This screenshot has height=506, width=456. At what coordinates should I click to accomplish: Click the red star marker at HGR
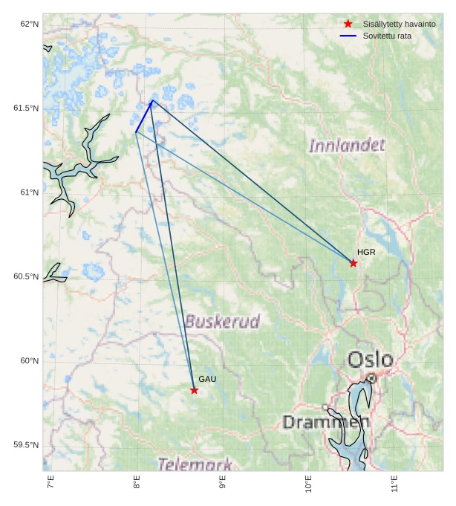(x=354, y=263)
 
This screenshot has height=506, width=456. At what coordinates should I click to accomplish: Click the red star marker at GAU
(x=194, y=390)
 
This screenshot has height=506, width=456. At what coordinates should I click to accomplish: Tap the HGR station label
(x=366, y=253)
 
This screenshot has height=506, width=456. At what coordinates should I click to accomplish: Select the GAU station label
(x=207, y=380)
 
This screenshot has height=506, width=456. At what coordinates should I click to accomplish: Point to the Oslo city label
(x=371, y=360)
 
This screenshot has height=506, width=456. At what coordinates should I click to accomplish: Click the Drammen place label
(x=326, y=423)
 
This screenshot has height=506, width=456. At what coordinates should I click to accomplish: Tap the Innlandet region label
(x=347, y=145)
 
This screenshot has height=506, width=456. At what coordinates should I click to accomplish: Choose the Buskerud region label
(x=222, y=322)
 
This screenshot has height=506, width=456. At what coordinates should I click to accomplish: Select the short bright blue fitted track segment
(x=144, y=117)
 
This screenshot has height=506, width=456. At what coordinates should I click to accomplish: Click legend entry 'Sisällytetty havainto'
(x=399, y=25)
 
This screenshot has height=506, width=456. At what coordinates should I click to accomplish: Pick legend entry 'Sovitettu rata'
(x=387, y=36)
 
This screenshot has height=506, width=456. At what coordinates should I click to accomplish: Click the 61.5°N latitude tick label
(x=27, y=108)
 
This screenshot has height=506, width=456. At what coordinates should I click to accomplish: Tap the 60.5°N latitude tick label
(x=27, y=277)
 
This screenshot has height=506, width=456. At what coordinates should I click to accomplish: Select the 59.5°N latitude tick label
(x=27, y=445)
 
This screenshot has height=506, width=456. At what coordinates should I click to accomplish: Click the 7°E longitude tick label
(x=51, y=484)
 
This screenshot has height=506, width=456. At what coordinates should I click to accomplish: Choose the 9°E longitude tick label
(x=222, y=484)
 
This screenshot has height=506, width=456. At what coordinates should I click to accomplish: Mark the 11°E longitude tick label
(x=394, y=484)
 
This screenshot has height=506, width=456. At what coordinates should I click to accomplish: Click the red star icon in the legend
(x=348, y=25)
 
